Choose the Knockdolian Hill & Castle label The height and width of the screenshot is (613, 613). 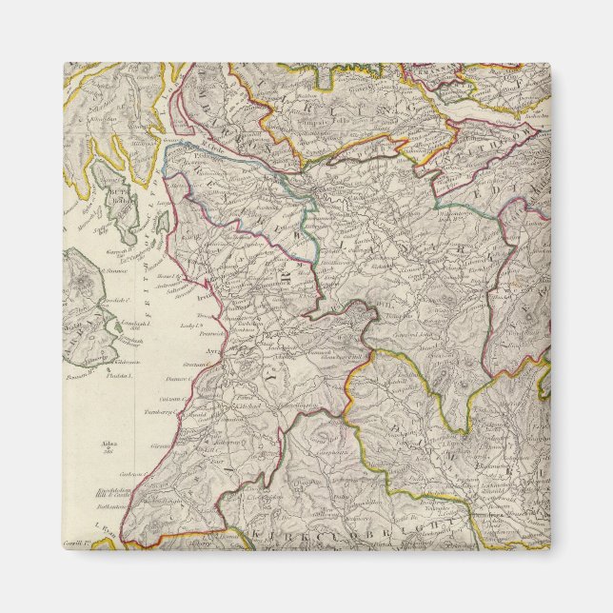pos(115,489)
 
